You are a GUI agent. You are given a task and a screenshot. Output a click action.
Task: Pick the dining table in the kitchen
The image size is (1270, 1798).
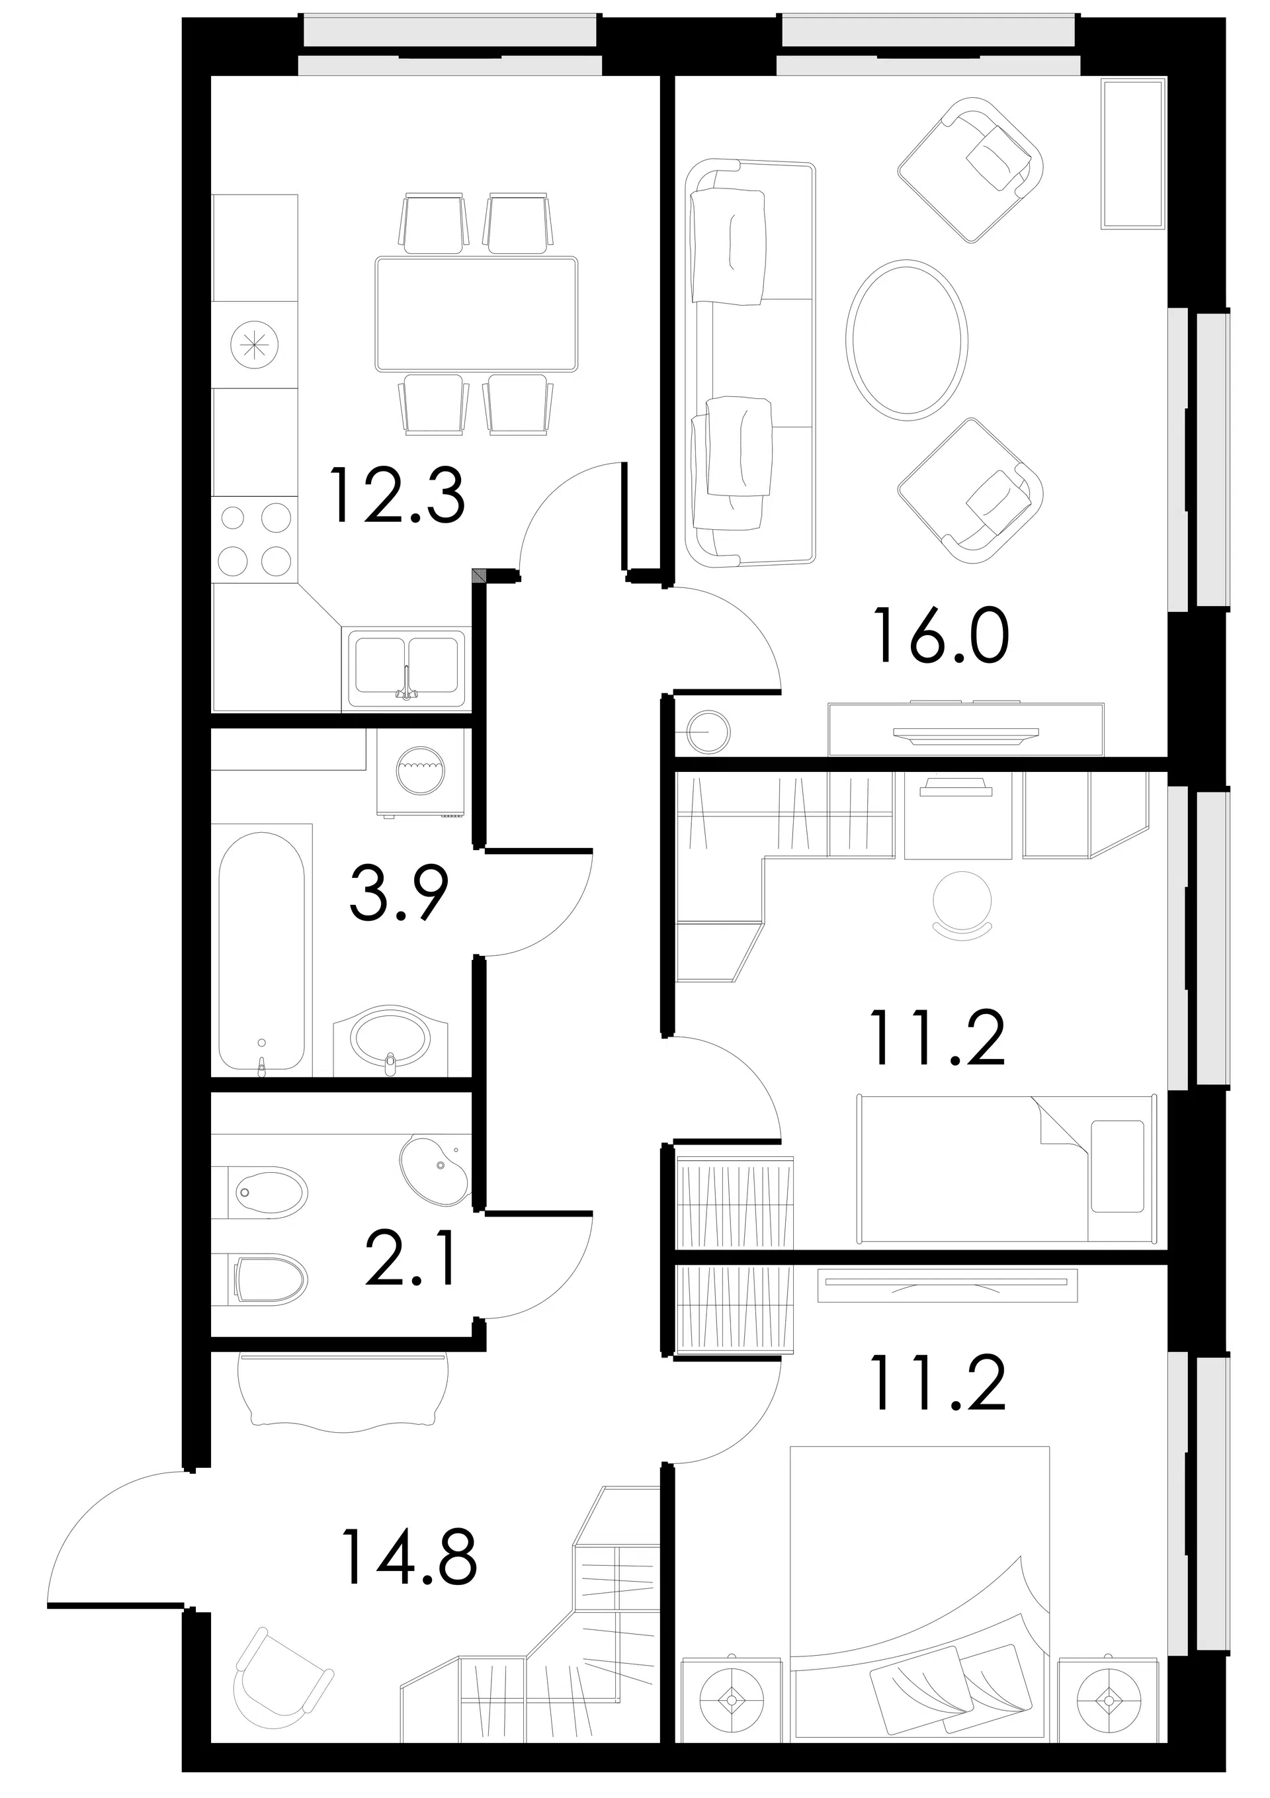point(476,314)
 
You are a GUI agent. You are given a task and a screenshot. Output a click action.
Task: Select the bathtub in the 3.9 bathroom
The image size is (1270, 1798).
point(261,950)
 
